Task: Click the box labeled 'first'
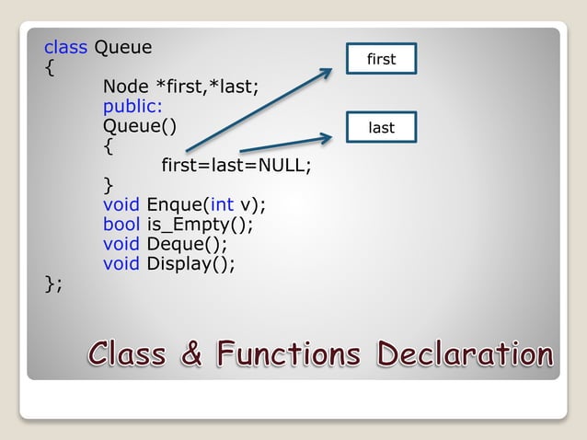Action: pos(381,59)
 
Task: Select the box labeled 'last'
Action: pos(381,128)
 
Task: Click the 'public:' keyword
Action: pos(132,107)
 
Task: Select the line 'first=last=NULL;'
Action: pos(236,167)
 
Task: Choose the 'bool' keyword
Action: pos(121,225)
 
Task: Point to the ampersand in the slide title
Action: pos(191,353)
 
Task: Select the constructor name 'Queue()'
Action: pos(139,126)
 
